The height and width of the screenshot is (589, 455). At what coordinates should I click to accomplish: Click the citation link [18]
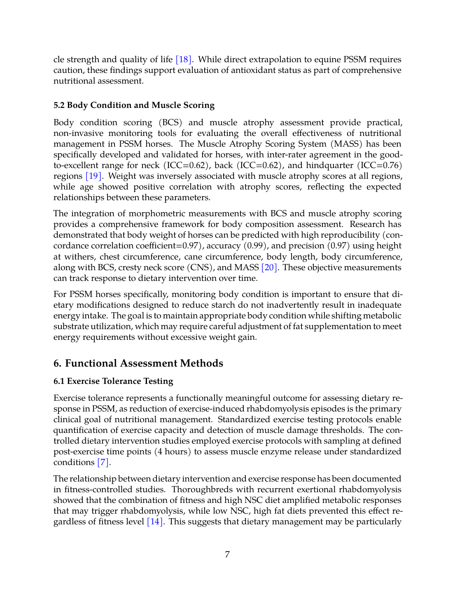click(x=184, y=59)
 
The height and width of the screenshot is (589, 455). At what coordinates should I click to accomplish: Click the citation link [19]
click(x=93, y=176)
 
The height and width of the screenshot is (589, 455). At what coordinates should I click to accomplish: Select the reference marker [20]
click(x=269, y=267)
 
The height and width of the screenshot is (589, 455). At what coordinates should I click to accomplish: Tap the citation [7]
click(x=103, y=462)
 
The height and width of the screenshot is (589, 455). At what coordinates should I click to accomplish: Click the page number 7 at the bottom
click(x=227, y=554)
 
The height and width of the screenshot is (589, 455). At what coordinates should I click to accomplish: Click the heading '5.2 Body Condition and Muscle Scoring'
click(x=134, y=105)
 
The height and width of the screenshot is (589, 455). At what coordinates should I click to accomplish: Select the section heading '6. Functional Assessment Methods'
click(x=138, y=363)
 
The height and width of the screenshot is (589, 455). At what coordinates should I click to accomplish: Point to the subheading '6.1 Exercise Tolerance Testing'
click(x=113, y=381)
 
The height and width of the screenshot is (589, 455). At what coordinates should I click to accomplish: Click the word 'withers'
click(x=82, y=257)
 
